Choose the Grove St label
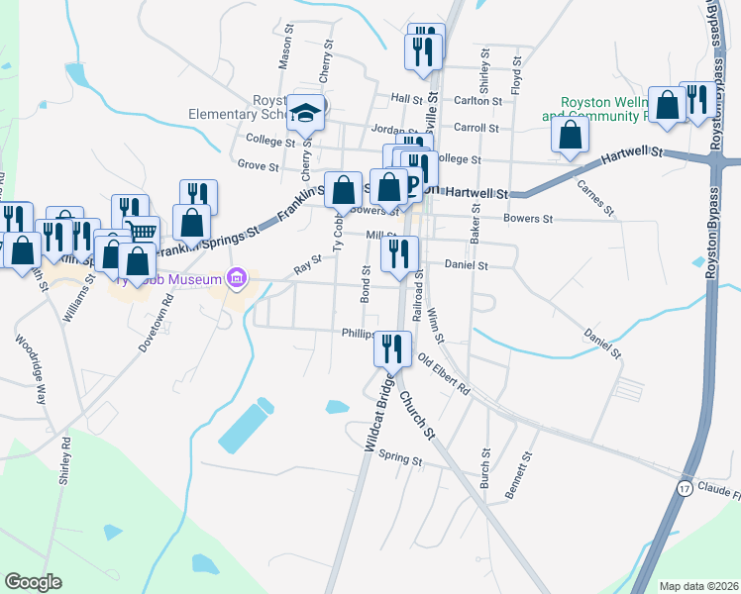point(258,165)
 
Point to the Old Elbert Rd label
point(443,374)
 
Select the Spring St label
point(400,460)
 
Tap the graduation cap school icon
point(307,112)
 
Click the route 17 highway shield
point(685,489)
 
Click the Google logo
point(34,582)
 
